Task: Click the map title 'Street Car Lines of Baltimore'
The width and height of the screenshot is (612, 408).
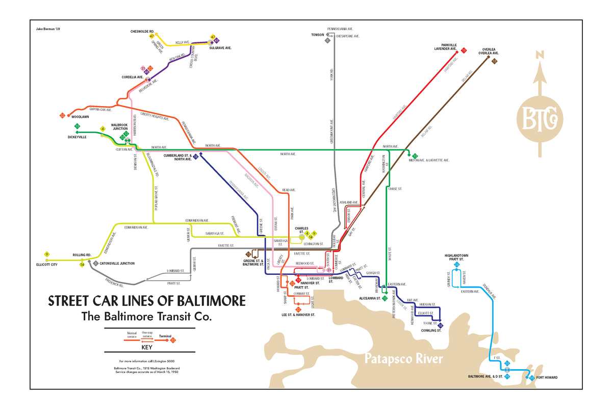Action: (x=146, y=300)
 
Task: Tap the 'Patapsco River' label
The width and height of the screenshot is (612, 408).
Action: (x=403, y=359)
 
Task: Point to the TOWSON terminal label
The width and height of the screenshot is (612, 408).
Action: (x=317, y=35)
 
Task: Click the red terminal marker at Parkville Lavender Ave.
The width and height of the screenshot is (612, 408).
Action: (x=464, y=50)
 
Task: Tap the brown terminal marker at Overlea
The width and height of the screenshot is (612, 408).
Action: (x=494, y=61)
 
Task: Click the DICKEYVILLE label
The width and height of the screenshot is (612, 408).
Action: (x=77, y=137)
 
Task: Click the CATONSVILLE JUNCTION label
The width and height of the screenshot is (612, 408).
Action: (x=117, y=263)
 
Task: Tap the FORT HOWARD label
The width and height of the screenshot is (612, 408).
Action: (x=547, y=378)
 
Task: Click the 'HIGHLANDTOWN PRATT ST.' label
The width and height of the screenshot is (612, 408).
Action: (x=456, y=257)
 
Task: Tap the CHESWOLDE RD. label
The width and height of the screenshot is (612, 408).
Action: (x=142, y=31)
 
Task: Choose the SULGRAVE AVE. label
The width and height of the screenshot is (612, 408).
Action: (x=220, y=47)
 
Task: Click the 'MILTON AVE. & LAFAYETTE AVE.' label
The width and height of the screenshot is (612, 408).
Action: (x=429, y=160)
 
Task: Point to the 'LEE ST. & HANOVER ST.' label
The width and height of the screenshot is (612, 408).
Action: (x=298, y=315)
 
